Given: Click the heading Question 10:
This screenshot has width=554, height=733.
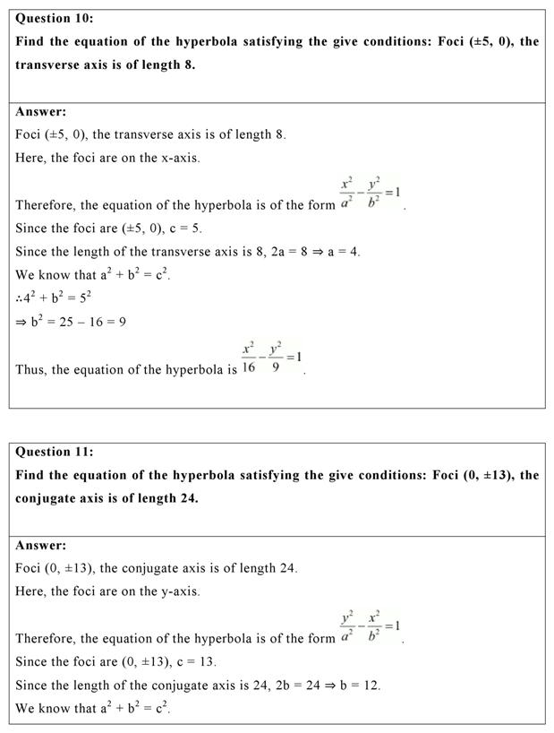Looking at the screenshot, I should tap(55, 18).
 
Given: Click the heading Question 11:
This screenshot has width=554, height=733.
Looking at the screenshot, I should tap(55, 452).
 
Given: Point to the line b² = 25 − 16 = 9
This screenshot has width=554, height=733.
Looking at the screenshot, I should tap(71, 322).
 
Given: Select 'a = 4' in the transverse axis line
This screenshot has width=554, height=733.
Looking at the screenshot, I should tap(341, 252).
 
